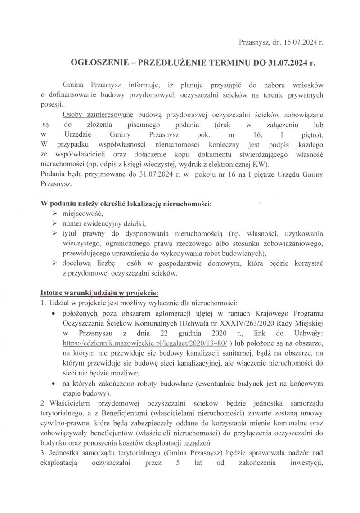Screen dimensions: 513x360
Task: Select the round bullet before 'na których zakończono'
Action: coord(54,383)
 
